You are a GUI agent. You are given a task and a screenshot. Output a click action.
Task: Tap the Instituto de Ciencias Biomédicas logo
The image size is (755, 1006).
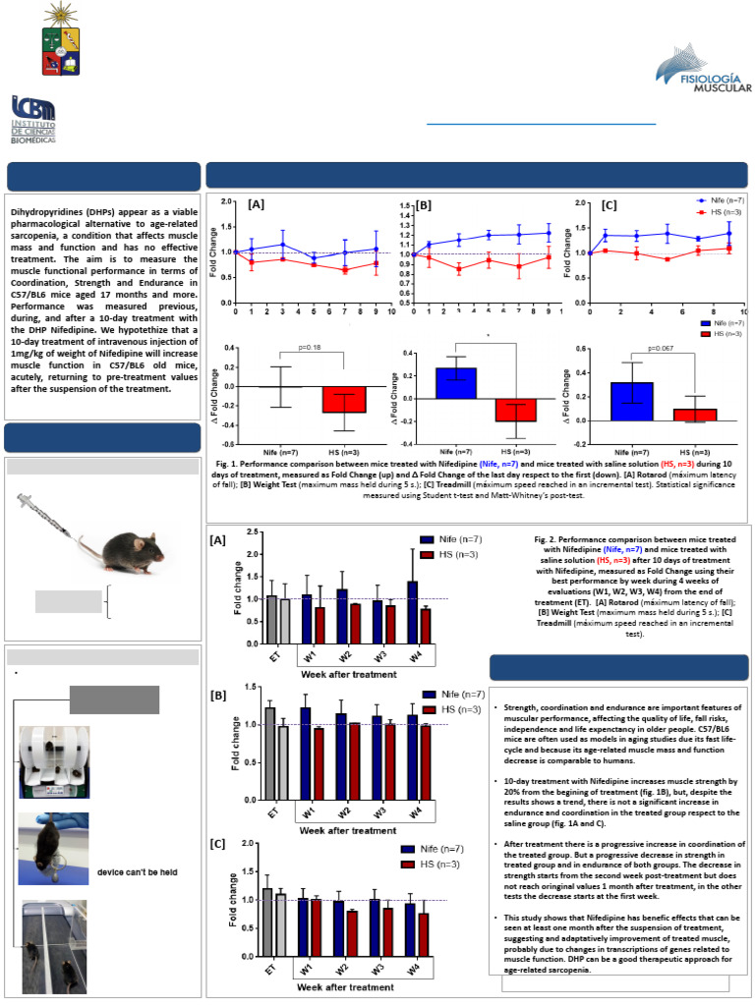[33, 119]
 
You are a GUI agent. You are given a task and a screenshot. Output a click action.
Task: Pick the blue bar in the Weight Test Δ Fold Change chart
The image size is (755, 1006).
[455, 382]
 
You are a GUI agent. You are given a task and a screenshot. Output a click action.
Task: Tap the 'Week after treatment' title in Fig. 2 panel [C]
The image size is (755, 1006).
[349, 986]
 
